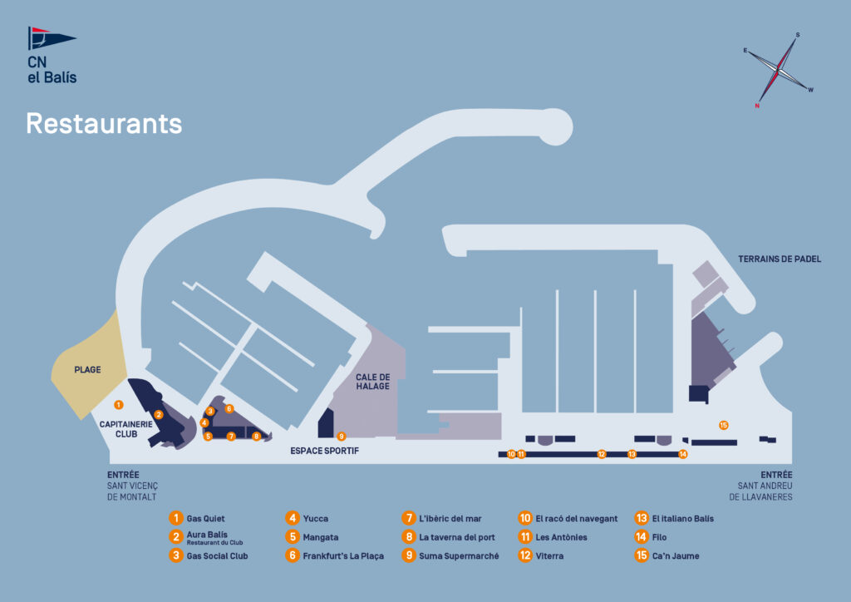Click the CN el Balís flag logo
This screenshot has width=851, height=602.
[51, 40]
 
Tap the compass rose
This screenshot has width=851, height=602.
[779, 70]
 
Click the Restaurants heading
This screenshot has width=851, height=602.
[104, 123]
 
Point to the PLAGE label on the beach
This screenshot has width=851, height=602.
[87, 369]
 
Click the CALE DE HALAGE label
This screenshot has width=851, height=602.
[373, 382]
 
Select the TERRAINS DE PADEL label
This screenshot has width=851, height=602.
[780, 259]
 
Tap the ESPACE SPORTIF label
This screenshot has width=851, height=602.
[324, 451]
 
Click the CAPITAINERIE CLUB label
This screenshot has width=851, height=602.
[126, 429]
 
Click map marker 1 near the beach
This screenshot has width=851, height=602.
[119, 405]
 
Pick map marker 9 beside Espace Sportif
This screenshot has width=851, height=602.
[341, 436]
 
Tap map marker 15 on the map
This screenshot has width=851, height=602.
[724, 425]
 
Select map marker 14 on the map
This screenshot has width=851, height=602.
[683, 454]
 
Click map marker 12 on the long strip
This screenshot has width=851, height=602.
[602, 454]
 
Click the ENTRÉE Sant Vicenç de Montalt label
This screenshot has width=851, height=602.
[132, 486]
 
